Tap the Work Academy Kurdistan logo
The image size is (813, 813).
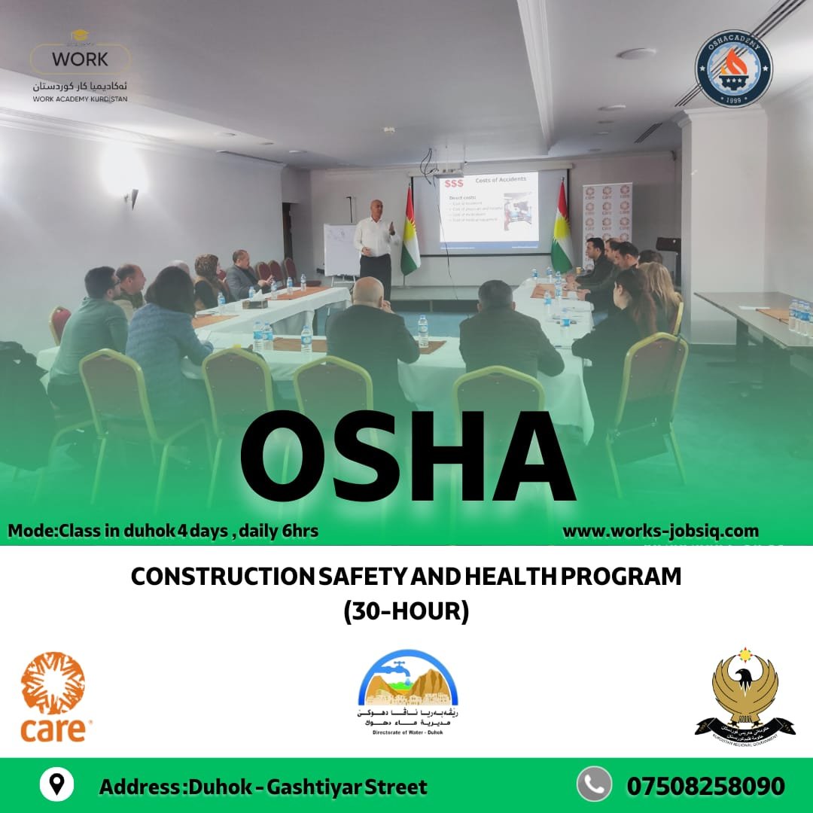(80, 65)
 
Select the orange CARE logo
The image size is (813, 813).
(54, 697)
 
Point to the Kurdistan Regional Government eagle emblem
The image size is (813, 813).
(744, 692)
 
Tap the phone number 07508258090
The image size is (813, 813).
(705, 787)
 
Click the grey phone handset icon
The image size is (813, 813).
(594, 784)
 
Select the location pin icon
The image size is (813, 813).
(56, 785)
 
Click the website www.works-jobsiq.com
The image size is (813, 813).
(660, 531)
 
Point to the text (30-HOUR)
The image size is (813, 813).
(406, 611)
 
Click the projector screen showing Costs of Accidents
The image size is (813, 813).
(489, 211)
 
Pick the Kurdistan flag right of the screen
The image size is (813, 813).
(562, 230)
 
